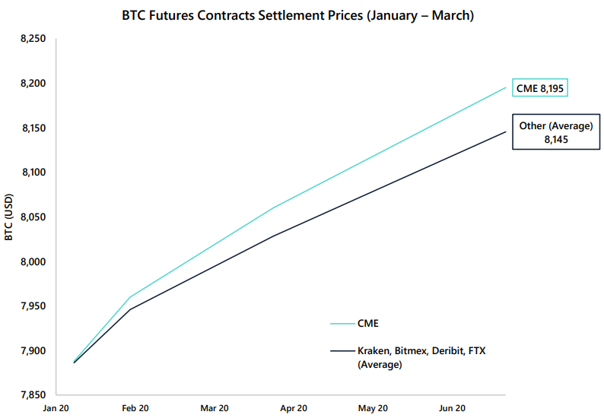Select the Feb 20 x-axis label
click(x=137, y=409)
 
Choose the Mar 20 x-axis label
click(x=215, y=409)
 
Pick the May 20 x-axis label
click(x=372, y=409)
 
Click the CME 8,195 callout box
click(x=541, y=88)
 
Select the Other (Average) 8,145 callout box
click(x=555, y=133)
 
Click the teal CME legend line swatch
click(x=339, y=323)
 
